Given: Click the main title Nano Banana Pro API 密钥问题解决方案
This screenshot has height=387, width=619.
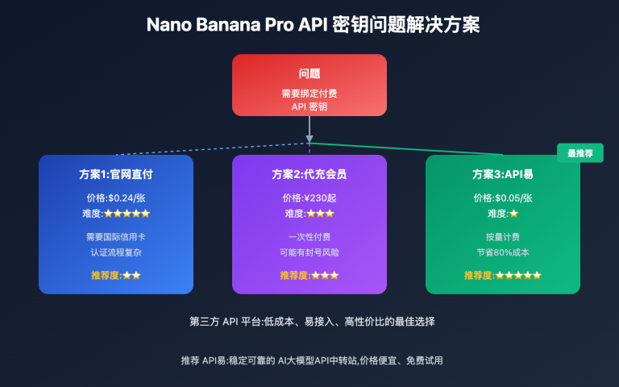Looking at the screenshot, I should pos(313,25).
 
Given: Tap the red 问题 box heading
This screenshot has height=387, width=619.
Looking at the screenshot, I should pos(309,73).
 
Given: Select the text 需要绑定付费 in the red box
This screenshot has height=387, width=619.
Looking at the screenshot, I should pos(309,94).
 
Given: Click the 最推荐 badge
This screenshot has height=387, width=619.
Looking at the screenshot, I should pos(580,152).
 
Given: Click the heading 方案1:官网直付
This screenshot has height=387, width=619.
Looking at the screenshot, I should pos(116,174).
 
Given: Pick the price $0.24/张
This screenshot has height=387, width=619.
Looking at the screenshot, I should pos(116,198).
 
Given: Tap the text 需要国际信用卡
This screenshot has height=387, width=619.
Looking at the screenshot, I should pos(116,237).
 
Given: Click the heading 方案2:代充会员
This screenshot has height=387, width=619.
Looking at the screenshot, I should pos(309,174).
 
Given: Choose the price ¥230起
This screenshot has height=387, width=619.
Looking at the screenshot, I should pos(309,198).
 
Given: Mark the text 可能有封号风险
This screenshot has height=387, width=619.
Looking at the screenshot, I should pos(309,252).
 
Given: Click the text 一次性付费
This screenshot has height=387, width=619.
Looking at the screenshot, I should pos(309,237).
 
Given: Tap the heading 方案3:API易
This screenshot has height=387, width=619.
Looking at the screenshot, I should pos(503,174).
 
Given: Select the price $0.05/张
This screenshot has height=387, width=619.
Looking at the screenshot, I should pos(503,198).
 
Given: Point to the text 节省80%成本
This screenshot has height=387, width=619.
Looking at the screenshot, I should pos(503,252).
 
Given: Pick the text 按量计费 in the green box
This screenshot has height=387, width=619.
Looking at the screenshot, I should pos(503,237).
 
